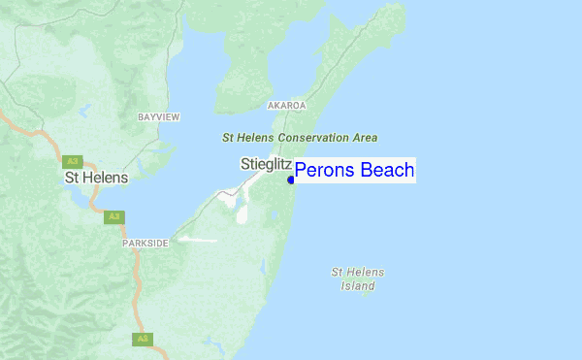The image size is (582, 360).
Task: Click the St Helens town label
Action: [96, 179]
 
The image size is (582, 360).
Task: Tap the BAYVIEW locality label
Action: [159, 116]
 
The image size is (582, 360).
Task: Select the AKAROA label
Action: [286, 105]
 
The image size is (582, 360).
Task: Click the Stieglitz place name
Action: [266, 165]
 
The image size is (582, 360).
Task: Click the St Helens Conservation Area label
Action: [300, 138]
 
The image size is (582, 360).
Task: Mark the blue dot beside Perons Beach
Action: [291, 180]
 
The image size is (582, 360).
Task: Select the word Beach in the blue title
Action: [387, 171]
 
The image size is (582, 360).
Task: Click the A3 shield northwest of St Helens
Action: [72, 162]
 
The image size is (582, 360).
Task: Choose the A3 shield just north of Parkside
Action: [113, 216]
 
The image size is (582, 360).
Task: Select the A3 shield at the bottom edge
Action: [143, 339]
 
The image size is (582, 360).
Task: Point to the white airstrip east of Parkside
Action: [198, 239]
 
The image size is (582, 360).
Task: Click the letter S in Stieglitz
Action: [244, 165]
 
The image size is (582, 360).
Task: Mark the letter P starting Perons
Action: [301, 171]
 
